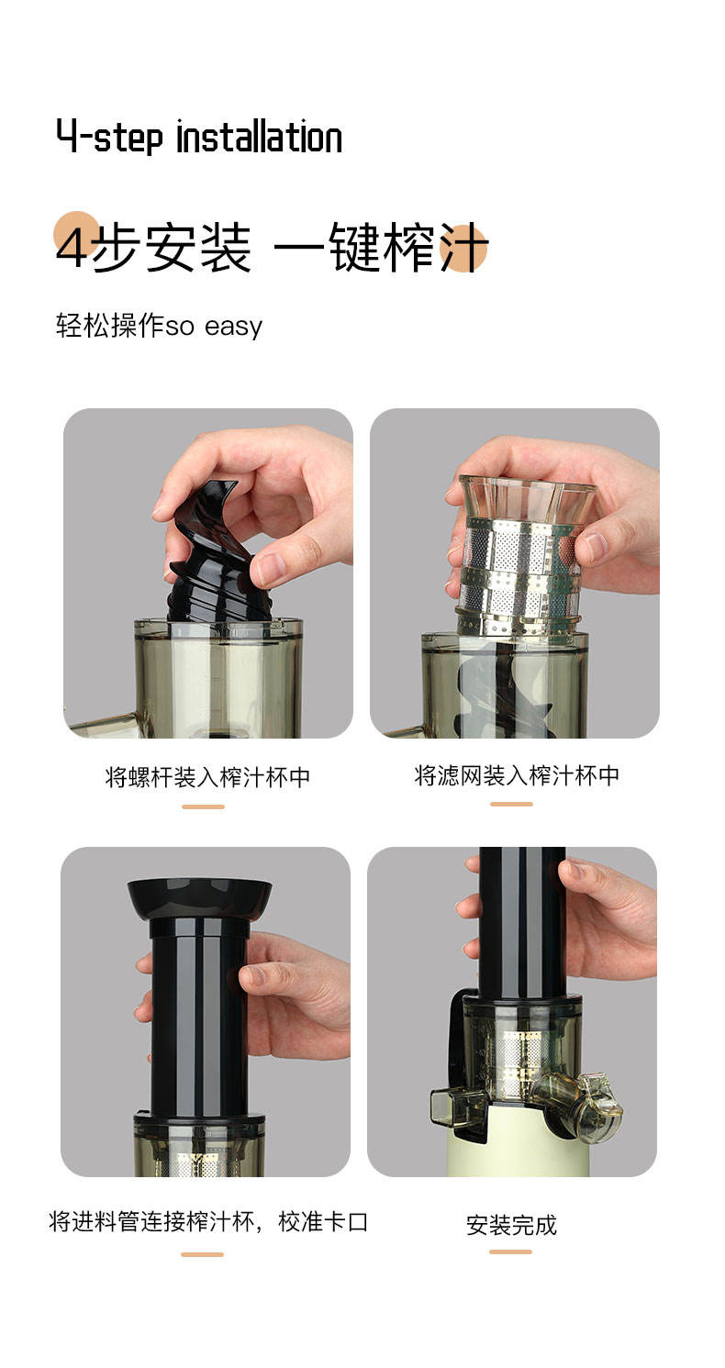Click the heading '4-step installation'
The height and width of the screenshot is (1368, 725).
199,137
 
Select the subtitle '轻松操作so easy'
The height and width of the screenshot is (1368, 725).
159,326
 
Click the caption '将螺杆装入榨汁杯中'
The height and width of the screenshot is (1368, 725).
207,777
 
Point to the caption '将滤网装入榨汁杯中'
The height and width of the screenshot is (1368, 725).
517,775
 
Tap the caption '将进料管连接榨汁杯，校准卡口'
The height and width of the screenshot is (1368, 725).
208,1222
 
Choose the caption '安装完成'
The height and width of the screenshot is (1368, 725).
511,1225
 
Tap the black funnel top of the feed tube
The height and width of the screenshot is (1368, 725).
200,897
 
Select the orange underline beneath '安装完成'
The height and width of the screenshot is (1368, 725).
510,1252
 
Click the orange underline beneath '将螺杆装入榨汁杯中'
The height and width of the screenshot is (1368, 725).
204,806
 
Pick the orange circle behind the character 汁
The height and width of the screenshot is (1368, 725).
463,248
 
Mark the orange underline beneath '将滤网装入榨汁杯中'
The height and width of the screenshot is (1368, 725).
512,804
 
